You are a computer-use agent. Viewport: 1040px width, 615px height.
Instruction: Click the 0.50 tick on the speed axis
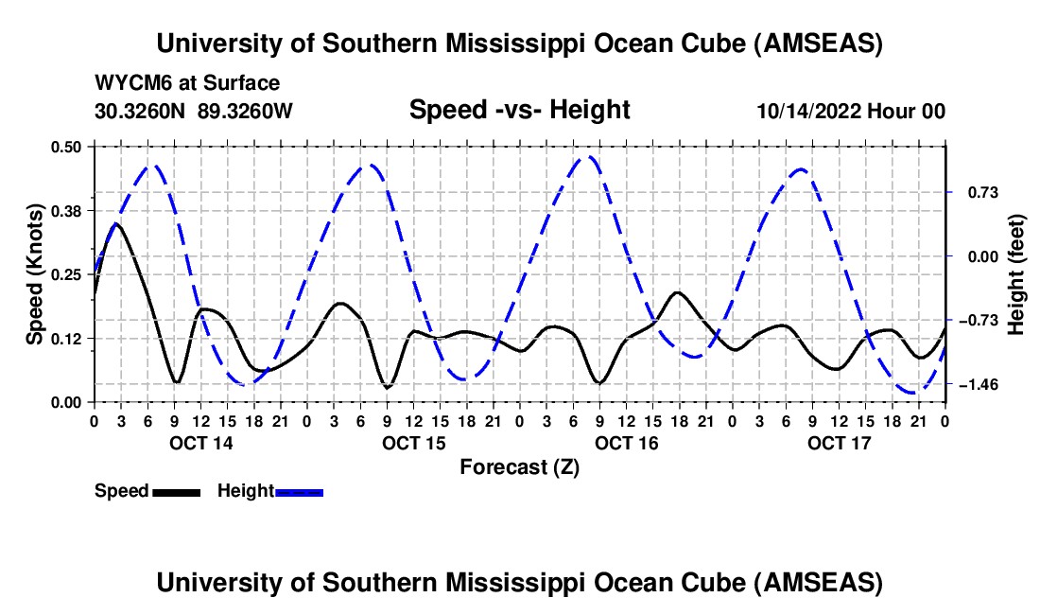point(67,147)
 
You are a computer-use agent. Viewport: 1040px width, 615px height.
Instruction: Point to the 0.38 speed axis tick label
point(67,210)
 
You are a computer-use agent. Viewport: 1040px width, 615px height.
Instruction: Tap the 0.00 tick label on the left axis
point(67,402)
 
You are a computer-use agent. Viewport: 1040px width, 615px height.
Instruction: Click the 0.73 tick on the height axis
point(980,192)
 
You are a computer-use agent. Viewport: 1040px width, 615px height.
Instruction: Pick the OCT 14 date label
point(200,443)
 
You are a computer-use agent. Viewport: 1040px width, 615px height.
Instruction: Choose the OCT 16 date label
point(626,443)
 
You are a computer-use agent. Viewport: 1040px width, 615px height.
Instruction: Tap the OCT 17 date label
point(839,443)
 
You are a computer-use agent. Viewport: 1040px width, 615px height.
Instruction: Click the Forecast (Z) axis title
point(519,467)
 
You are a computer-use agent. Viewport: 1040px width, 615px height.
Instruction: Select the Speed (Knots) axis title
point(35,273)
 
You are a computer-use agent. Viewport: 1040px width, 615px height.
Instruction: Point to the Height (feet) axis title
point(1016,273)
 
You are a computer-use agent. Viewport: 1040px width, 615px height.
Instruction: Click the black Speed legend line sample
point(176,491)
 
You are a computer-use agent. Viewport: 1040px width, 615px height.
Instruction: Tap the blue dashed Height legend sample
point(300,491)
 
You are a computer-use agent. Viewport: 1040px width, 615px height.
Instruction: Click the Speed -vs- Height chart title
point(519,110)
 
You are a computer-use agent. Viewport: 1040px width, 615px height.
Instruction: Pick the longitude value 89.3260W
point(246,111)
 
